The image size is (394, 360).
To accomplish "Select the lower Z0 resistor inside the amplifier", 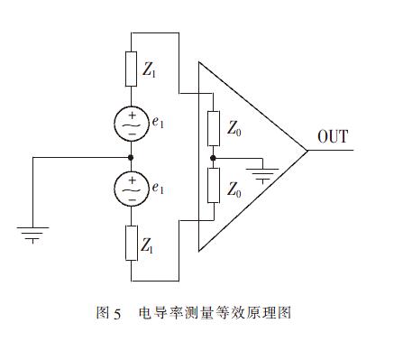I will (x=213, y=185).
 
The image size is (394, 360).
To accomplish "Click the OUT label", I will (x=334, y=137).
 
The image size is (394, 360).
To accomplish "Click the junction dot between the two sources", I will (x=131, y=156).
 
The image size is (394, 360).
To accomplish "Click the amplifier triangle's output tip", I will (x=307, y=151).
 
